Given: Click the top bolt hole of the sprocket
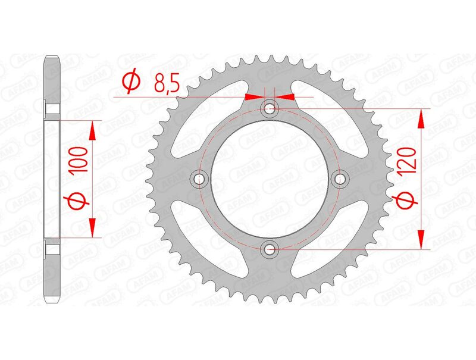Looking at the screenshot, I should pos(270,108).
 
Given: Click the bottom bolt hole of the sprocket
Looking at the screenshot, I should pos(270,249).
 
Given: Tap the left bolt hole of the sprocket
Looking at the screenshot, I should pos(199,179).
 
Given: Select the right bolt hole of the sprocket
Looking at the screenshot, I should pos(340,179).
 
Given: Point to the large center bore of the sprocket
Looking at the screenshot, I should pos(270,179).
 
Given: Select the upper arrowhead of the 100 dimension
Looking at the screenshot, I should pos(93,130).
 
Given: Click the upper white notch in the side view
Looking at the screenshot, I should pos(53,110).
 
